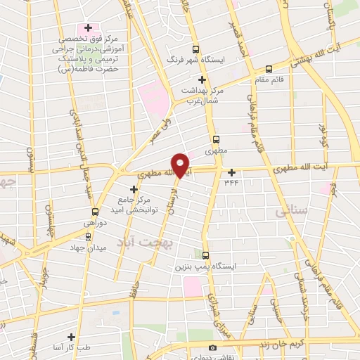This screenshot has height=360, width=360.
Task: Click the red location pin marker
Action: click(181, 165)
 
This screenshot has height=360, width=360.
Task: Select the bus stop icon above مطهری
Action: click(217, 139)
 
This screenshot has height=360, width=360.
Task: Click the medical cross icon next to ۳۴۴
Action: click(231, 172)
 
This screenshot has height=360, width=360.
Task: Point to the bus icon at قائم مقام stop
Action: click(269, 69)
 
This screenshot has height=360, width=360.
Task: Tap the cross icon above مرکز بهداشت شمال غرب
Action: click(202, 79)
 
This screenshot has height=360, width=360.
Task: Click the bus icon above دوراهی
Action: click(95, 212)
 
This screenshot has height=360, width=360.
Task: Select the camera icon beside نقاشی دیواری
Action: click(212, 348)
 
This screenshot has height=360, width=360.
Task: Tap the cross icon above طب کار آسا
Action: click(70, 337)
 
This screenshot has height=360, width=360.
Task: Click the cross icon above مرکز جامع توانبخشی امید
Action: click(134, 189)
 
